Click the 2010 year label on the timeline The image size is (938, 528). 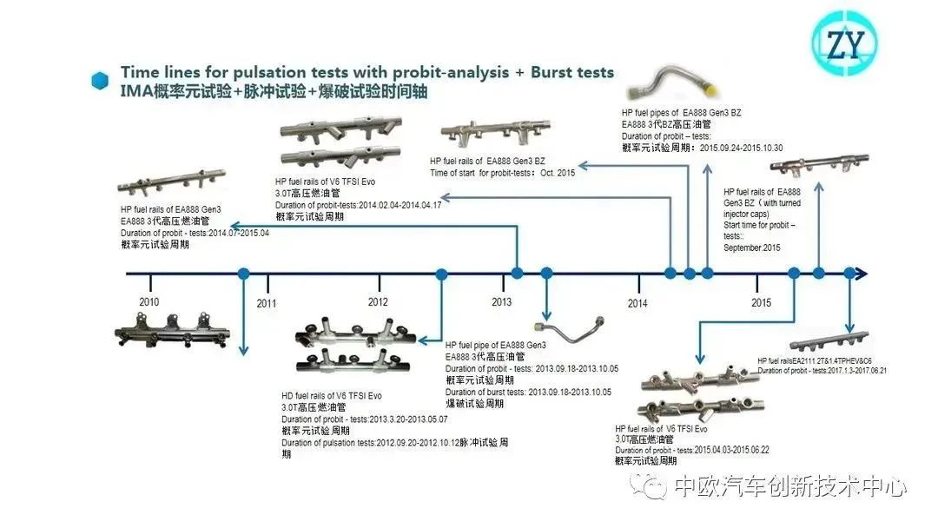[x=149, y=301]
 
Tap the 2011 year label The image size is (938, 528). [x=266, y=304]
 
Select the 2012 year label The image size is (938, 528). [x=378, y=302]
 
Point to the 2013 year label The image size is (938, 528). [x=501, y=302]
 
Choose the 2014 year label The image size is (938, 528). [x=637, y=304]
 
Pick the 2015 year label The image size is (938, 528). [x=761, y=303]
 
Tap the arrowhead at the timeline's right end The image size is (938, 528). [x=861, y=274]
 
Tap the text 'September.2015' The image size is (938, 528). [x=752, y=247]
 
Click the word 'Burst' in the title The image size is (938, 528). [x=550, y=73]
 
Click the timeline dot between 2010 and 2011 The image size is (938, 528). [x=244, y=274]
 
